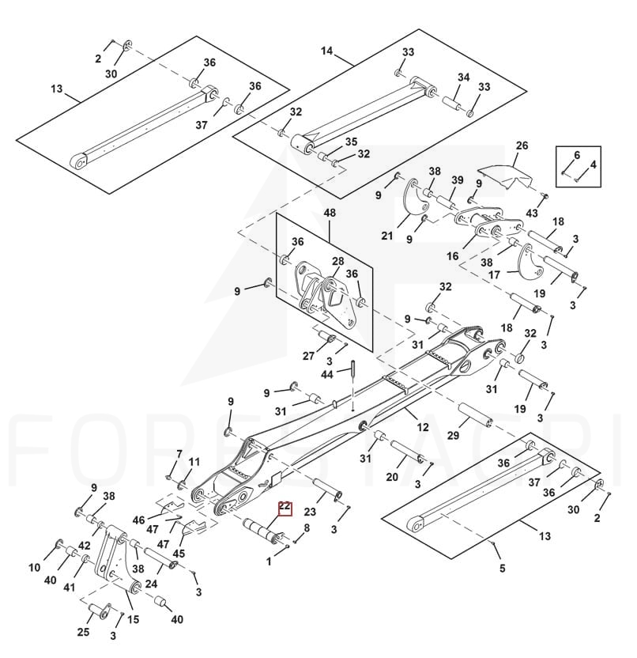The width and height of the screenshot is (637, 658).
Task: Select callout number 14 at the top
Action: [327, 51]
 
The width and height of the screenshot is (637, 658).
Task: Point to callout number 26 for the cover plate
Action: [521, 146]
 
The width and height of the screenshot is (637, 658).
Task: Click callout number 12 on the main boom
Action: [423, 428]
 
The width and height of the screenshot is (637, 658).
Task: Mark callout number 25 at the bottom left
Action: [84, 631]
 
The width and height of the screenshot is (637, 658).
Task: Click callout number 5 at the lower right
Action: [501, 566]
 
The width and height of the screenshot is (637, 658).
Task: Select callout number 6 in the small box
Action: [577, 155]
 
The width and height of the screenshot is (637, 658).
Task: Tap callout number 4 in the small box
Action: [594, 164]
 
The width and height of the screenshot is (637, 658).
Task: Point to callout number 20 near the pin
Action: [392, 477]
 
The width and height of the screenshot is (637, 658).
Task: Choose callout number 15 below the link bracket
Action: [133, 619]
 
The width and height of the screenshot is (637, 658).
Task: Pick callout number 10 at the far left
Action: [35, 567]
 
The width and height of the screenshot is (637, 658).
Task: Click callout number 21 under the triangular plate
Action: [387, 236]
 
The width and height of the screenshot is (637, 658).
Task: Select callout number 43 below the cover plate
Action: [532, 214]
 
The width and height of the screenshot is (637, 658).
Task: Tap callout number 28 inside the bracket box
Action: [337, 261]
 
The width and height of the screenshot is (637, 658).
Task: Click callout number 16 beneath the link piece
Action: [453, 256]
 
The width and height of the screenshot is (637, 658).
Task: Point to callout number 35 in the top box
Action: [351, 142]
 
